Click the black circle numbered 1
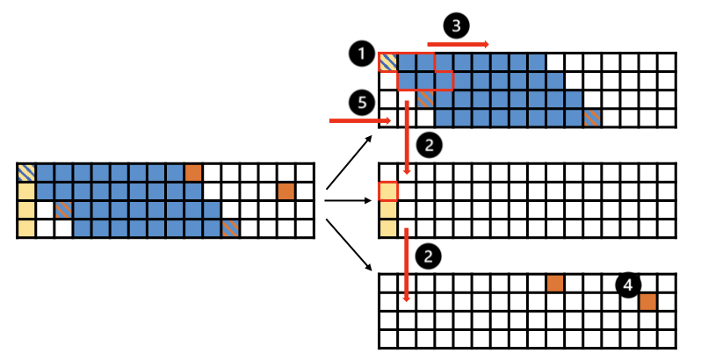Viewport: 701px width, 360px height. pyautogui.click(x=359, y=55)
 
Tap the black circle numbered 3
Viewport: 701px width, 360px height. pyautogui.click(x=455, y=25)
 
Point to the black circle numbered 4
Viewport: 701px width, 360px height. pyautogui.click(x=628, y=284)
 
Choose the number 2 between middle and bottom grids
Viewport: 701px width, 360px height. pyautogui.click(x=427, y=256)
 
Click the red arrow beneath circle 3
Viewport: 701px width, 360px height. pyautogui.click(x=458, y=43)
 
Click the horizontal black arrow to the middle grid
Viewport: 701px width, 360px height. pyautogui.click(x=348, y=200)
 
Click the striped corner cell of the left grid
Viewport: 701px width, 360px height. pyautogui.click(x=26, y=172)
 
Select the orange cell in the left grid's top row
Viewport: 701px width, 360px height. pyautogui.click(x=193, y=172)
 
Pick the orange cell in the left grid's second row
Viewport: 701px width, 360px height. pyautogui.click(x=286, y=191)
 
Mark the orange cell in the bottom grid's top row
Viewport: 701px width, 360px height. pyautogui.click(x=555, y=283)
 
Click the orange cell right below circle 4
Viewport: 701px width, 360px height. pyautogui.click(x=648, y=302)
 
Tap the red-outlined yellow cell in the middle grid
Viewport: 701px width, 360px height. pyautogui.click(x=388, y=191)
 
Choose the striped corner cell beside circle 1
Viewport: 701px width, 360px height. pyautogui.click(x=388, y=62)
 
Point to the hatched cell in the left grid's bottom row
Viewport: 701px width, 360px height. pyautogui.click(x=230, y=228)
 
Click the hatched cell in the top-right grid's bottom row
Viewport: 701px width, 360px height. pyautogui.click(x=593, y=118)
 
